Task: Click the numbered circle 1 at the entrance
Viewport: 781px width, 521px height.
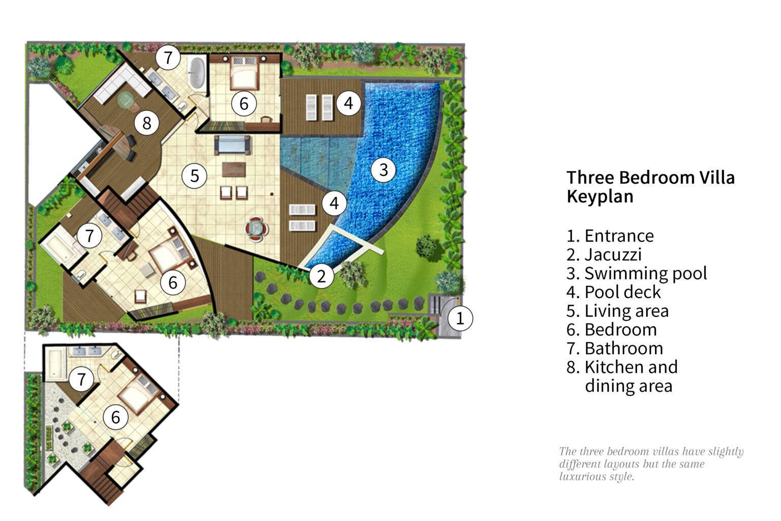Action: [x=460, y=319]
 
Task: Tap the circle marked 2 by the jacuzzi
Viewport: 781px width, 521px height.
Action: [x=321, y=276]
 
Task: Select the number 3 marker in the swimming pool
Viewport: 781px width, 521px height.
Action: [x=383, y=169]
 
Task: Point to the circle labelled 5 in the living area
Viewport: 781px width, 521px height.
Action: [x=194, y=176]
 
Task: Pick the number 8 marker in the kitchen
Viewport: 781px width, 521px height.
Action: [x=147, y=123]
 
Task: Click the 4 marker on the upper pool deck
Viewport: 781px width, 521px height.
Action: [x=348, y=103]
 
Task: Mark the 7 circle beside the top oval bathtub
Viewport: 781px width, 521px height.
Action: [x=168, y=57]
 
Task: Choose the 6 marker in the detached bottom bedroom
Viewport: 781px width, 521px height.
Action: [x=115, y=417]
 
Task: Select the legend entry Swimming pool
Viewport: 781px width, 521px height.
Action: [x=637, y=273]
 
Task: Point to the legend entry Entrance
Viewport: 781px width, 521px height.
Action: [x=610, y=236]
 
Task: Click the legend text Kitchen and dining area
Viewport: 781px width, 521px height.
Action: [x=622, y=376]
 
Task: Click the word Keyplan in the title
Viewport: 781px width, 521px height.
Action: [x=600, y=196]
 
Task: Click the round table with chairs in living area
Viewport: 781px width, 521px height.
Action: [x=255, y=227]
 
